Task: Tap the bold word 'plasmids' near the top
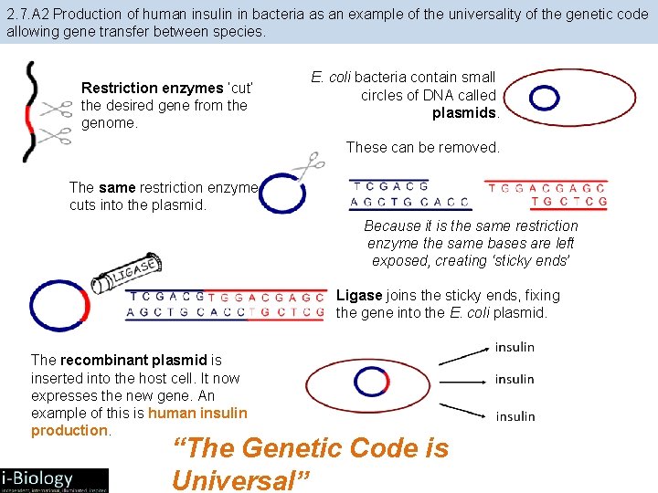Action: coord(465,113)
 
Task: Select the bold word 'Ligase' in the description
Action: coord(359,296)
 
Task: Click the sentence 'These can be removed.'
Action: coord(423,147)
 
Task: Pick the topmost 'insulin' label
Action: coord(515,348)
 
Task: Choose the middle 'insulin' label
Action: coord(515,379)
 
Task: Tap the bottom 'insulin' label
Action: coord(515,416)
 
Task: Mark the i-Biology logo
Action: coord(54,479)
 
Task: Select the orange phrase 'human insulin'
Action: coord(197,413)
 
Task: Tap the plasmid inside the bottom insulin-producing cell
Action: coord(371,382)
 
